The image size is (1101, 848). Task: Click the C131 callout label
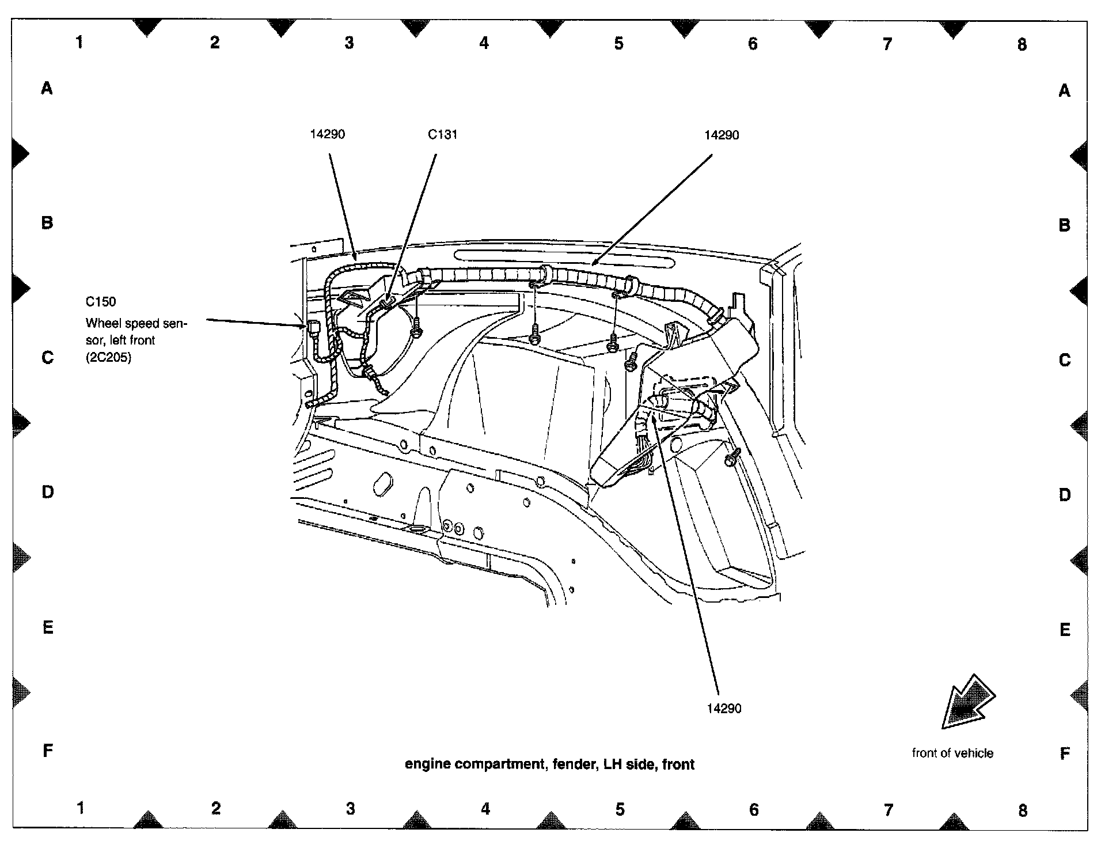click(442, 135)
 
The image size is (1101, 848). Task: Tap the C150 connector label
click(101, 301)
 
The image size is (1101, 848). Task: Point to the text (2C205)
click(109, 357)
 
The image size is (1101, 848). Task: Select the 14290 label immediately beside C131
click(327, 134)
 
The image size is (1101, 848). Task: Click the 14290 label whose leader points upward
click(724, 709)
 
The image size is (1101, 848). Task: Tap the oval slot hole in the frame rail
click(382, 484)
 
